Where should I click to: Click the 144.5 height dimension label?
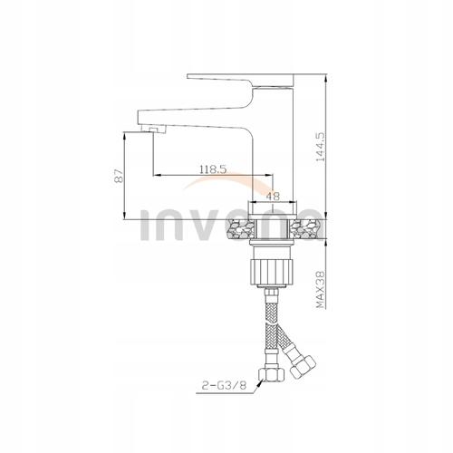[320, 147]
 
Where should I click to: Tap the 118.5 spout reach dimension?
[213, 169]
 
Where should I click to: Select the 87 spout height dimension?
[119, 176]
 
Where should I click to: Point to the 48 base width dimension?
[273, 197]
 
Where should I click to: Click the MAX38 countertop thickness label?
[320, 289]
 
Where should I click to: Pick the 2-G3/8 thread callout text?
[225, 385]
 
